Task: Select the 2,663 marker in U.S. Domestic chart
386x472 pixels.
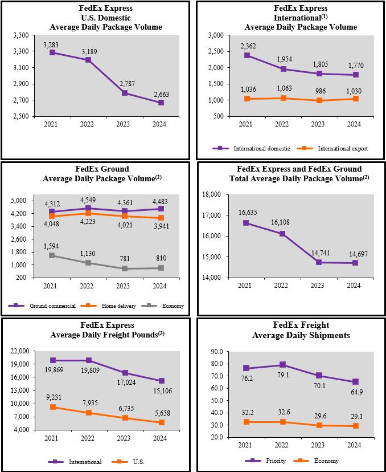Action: tap(161, 103)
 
